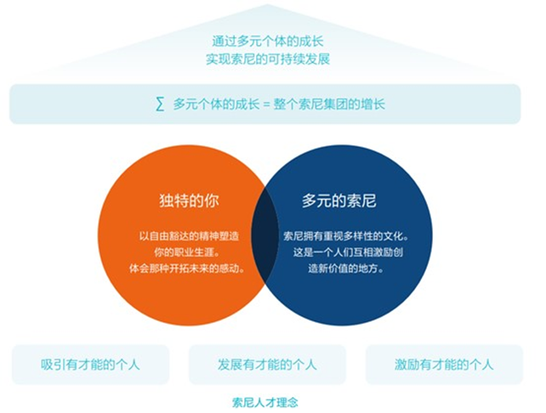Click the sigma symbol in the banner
(160, 104)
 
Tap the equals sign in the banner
(266, 105)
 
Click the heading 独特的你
(189, 201)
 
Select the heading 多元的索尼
(339, 201)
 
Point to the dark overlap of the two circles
(265, 235)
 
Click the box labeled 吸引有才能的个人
(90, 365)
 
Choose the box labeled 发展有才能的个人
(267, 365)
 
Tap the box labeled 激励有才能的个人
(444, 365)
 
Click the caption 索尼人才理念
(265, 403)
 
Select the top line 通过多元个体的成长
(268, 42)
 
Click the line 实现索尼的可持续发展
(268, 59)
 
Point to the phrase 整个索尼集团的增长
(329, 104)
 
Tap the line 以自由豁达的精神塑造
(189, 236)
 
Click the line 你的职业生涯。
(187, 252)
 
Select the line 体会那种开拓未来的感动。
(187, 269)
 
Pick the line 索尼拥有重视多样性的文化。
(346, 236)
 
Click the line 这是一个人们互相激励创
(348, 252)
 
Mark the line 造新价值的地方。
(346, 269)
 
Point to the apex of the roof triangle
(267, 4)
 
